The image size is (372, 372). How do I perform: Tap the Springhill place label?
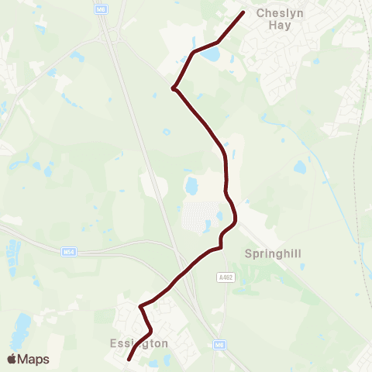click(x=271, y=253)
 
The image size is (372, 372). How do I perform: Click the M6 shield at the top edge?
click(x=101, y=7)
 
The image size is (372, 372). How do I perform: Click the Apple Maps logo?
click(x=28, y=360)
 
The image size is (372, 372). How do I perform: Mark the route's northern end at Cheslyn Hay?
click(x=243, y=12)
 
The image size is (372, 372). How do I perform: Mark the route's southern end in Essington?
click(x=129, y=359)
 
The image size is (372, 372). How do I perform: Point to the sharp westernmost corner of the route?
click(x=173, y=88)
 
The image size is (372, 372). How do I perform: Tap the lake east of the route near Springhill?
click(x=300, y=167)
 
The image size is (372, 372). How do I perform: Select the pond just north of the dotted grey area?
click(x=191, y=186)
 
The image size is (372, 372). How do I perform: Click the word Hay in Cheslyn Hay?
click(x=277, y=26)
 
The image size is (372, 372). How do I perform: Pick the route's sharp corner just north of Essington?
click(x=141, y=307)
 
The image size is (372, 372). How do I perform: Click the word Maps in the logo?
click(x=34, y=360)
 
